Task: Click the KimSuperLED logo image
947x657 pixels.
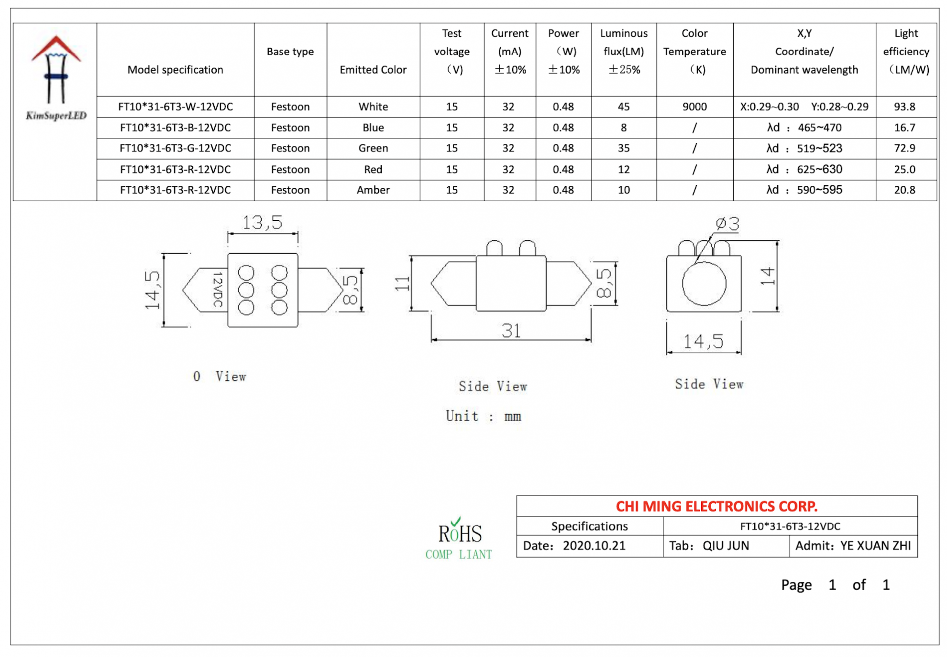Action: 55,76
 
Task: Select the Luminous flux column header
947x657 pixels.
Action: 623,51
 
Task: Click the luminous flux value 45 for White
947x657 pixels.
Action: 623,107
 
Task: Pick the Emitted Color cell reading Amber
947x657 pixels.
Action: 373,190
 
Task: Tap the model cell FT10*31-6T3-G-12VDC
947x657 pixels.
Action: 175,148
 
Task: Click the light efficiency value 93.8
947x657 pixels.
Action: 904,107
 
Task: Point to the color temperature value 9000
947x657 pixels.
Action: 694,107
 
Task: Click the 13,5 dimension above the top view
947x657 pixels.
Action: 262,223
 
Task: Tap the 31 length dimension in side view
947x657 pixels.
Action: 511,331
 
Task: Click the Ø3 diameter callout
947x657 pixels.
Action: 727,224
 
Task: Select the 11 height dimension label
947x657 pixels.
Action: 402,283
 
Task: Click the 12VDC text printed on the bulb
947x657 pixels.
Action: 217,290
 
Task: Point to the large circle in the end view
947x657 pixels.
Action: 703,284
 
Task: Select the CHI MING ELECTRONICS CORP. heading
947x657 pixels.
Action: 716,506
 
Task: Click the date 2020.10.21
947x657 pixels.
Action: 594,546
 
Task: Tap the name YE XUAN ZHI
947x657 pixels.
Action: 875,546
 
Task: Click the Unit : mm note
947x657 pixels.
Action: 483,416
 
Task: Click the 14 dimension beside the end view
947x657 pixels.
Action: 767,276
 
